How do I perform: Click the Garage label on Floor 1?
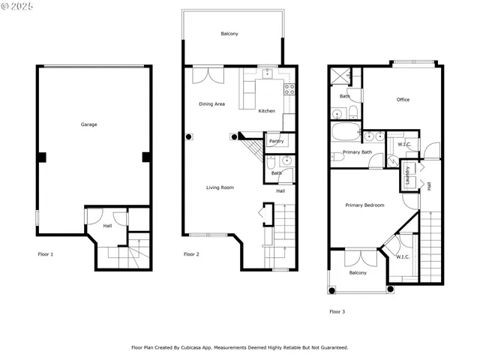[x=88, y=124]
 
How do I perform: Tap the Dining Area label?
[x=211, y=104]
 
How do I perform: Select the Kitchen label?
[x=266, y=111]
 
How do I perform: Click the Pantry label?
[x=276, y=140]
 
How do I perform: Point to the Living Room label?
[x=220, y=187]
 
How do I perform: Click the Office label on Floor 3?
[x=403, y=100]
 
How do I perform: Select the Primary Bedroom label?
[x=364, y=205]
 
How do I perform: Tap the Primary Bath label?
[x=357, y=152]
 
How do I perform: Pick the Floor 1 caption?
[x=46, y=254]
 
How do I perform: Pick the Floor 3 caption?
[x=337, y=311]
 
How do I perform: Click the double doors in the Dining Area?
[x=208, y=76]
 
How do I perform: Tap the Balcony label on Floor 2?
[x=229, y=34]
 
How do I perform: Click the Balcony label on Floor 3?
[x=358, y=273]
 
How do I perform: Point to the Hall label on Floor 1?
[x=107, y=226]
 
